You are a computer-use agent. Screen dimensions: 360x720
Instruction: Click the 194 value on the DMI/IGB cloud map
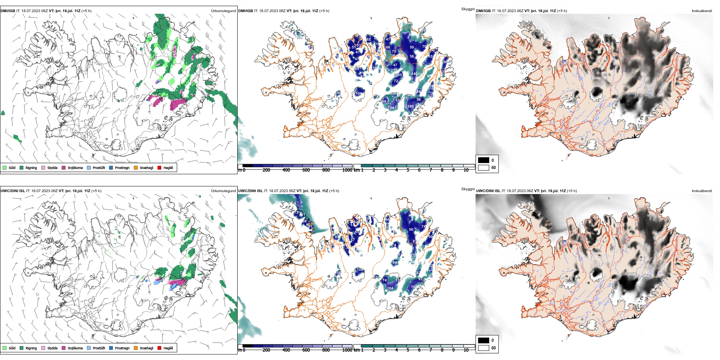391,108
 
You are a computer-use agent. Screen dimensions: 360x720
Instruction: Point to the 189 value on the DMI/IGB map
410,106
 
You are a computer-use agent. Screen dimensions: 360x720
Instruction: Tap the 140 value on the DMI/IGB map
414,74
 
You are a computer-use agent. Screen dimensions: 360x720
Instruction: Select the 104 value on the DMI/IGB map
358,94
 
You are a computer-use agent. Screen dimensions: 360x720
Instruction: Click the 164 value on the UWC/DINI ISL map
390,288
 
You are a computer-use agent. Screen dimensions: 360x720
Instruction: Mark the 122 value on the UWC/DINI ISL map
360,269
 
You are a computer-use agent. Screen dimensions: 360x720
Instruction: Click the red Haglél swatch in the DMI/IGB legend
160,167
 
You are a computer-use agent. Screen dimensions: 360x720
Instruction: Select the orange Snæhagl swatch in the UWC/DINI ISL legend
136,348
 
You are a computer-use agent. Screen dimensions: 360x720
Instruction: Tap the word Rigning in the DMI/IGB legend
31,168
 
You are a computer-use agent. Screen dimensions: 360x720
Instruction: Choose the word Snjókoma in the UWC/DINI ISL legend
75,348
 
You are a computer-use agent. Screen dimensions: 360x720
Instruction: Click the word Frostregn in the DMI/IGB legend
122,168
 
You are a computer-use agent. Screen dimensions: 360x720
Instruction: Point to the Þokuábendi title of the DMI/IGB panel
702,11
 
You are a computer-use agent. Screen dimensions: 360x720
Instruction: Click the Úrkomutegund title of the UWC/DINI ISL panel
223,191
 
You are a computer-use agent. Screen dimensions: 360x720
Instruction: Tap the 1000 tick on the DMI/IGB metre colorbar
347,170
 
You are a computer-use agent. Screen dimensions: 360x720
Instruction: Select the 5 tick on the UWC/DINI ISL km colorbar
408,350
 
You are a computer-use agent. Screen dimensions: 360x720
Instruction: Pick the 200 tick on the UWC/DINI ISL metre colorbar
266,350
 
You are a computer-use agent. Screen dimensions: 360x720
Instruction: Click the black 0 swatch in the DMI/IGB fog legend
484,160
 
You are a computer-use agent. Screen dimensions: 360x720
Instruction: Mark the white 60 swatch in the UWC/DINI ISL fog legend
484,348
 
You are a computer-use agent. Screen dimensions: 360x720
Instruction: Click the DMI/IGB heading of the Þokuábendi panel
483,11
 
